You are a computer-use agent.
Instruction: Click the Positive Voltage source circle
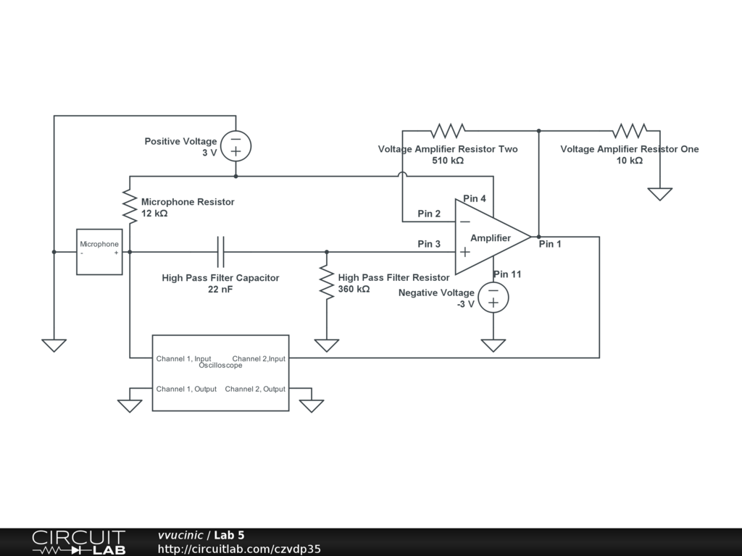pyautogui.click(x=235, y=146)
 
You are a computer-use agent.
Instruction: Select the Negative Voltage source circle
pyautogui.click(x=493, y=297)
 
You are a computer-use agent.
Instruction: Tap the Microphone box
pyautogui.click(x=99, y=252)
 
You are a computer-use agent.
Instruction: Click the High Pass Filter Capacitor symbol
pyautogui.click(x=221, y=252)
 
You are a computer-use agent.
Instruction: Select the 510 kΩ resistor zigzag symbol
pyautogui.click(x=448, y=131)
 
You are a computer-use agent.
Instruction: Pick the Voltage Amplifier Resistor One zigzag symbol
pyautogui.click(x=629, y=131)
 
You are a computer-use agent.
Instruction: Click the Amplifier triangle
pyautogui.click(x=489, y=237)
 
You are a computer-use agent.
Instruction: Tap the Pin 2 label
pyautogui.click(x=429, y=214)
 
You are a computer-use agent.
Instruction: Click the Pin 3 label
pyautogui.click(x=429, y=244)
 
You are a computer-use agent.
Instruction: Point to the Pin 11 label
pyautogui.click(x=507, y=274)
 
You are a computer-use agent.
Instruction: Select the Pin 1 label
pyautogui.click(x=550, y=244)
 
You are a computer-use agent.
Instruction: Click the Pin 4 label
pyautogui.click(x=475, y=198)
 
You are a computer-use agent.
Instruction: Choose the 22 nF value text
pyautogui.click(x=220, y=290)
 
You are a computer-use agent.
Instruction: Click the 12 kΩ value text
pyautogui.click(x=154, y=214)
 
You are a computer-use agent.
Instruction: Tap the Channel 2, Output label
pyautogui.click(x=255, y=389)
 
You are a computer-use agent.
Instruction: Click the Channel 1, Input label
pyautogui.click(x=184, y=358)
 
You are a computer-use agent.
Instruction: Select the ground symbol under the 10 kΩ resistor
pyautogui.click(x=659, y=194)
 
